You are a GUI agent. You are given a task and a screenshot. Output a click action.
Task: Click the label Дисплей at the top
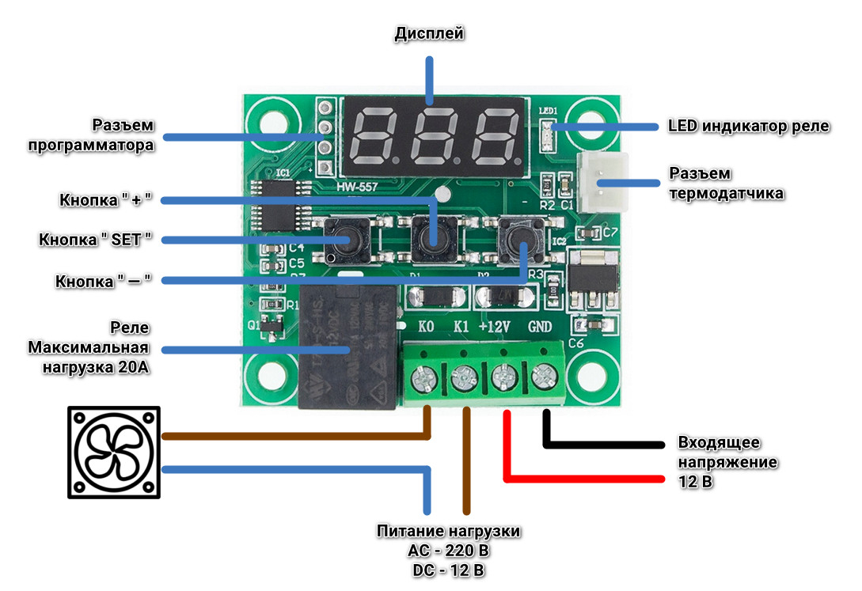(x=429, y=33)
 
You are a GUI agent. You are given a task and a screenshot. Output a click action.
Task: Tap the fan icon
(x=114, y=453)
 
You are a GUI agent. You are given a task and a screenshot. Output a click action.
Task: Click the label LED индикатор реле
(x=748, y=127)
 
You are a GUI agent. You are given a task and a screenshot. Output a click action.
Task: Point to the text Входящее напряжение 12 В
(x=727, y=461)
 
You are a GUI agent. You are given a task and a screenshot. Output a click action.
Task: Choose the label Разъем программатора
(x=123, y=135)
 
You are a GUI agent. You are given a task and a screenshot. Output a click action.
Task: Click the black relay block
(x=348, y=348)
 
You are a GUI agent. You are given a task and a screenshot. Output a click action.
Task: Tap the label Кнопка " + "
(x=105, y=200)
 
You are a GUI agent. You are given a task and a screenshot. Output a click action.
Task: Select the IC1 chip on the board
(x=279, y=206)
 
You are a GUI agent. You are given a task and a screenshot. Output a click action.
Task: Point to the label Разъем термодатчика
(x=727, y=183)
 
